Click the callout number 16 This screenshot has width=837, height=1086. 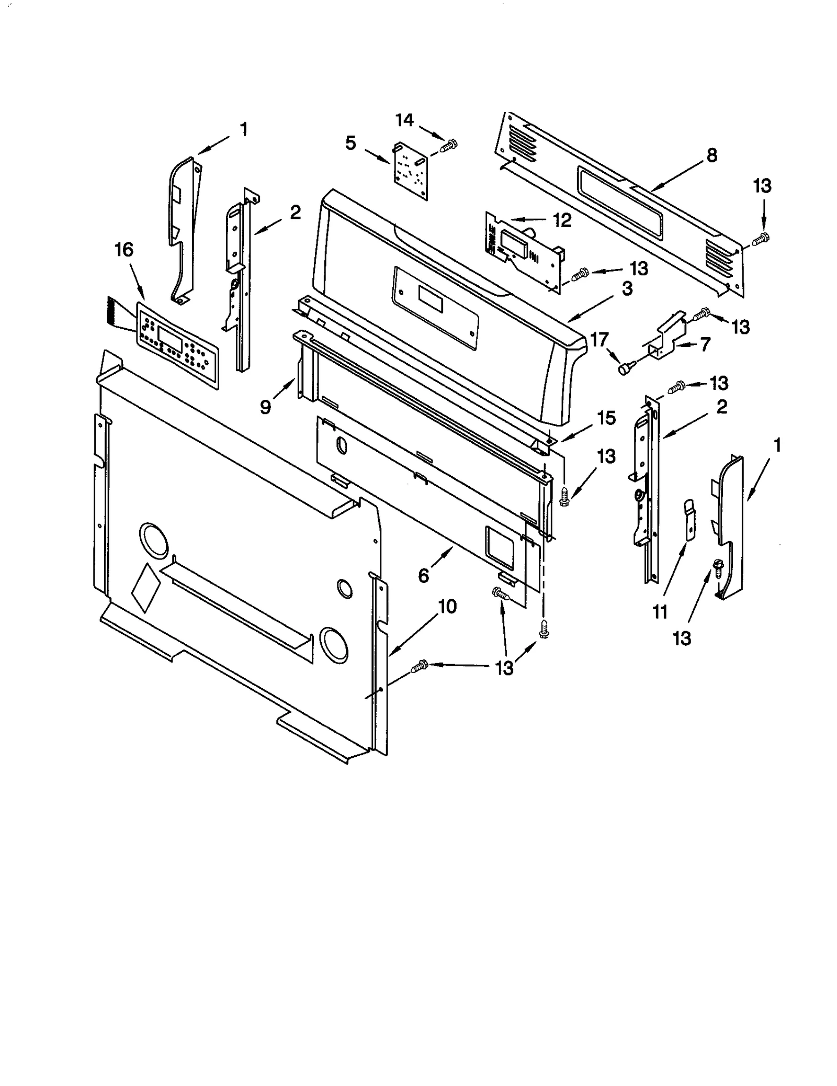coord(124,250)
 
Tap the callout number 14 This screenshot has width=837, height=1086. coord(404,120)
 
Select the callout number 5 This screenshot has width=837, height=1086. coord(350,142)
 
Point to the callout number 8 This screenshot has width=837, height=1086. coord(711,155)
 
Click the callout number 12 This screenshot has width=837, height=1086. coord(562,220)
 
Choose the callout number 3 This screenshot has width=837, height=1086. coord(627,288)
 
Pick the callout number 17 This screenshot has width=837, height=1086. coord(599,340)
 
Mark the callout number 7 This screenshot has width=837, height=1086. coord(705,344)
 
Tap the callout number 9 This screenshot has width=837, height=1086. coord(266,406)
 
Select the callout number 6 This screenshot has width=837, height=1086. coord(423,576)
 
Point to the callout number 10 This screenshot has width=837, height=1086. coord(447,606)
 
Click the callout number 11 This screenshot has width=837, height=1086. coord(660,611)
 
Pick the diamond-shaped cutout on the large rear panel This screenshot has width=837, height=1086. coord(146,588)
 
